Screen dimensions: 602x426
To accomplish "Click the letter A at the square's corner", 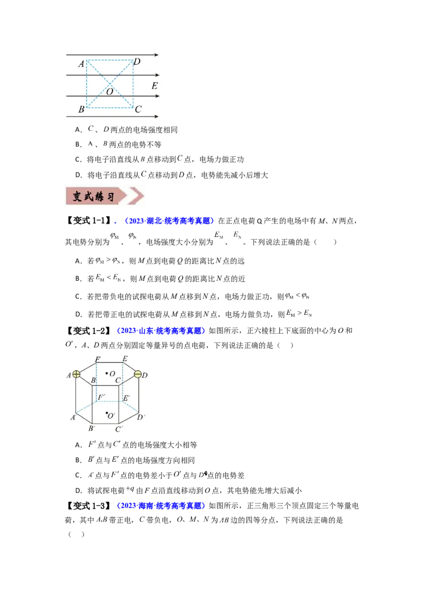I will coord(81,64).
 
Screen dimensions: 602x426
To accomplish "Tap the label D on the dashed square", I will coord(137,62).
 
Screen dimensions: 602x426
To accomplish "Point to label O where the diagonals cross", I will coord(109,91).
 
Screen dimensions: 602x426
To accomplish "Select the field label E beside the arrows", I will coord(154,86).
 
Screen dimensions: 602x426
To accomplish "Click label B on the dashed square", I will coord(81,110).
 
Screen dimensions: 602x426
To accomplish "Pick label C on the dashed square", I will coord(138,110).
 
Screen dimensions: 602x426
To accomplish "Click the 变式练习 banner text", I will coord(94,196).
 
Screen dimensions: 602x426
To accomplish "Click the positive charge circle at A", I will coord(77,374).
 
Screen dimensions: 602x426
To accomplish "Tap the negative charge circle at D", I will coord(137,374).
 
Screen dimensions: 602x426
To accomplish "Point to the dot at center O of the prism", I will coord(107,373).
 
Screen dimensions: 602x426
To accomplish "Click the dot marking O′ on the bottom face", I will coord(107,413).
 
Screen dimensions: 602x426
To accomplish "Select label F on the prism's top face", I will coord(97,360).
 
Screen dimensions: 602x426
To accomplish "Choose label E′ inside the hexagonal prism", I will coord(126,398).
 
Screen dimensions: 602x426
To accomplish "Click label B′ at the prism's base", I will coord(92,428).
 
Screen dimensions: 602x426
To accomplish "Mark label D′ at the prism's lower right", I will coord(142,417).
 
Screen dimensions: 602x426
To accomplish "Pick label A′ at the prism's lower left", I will coord(73,417).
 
